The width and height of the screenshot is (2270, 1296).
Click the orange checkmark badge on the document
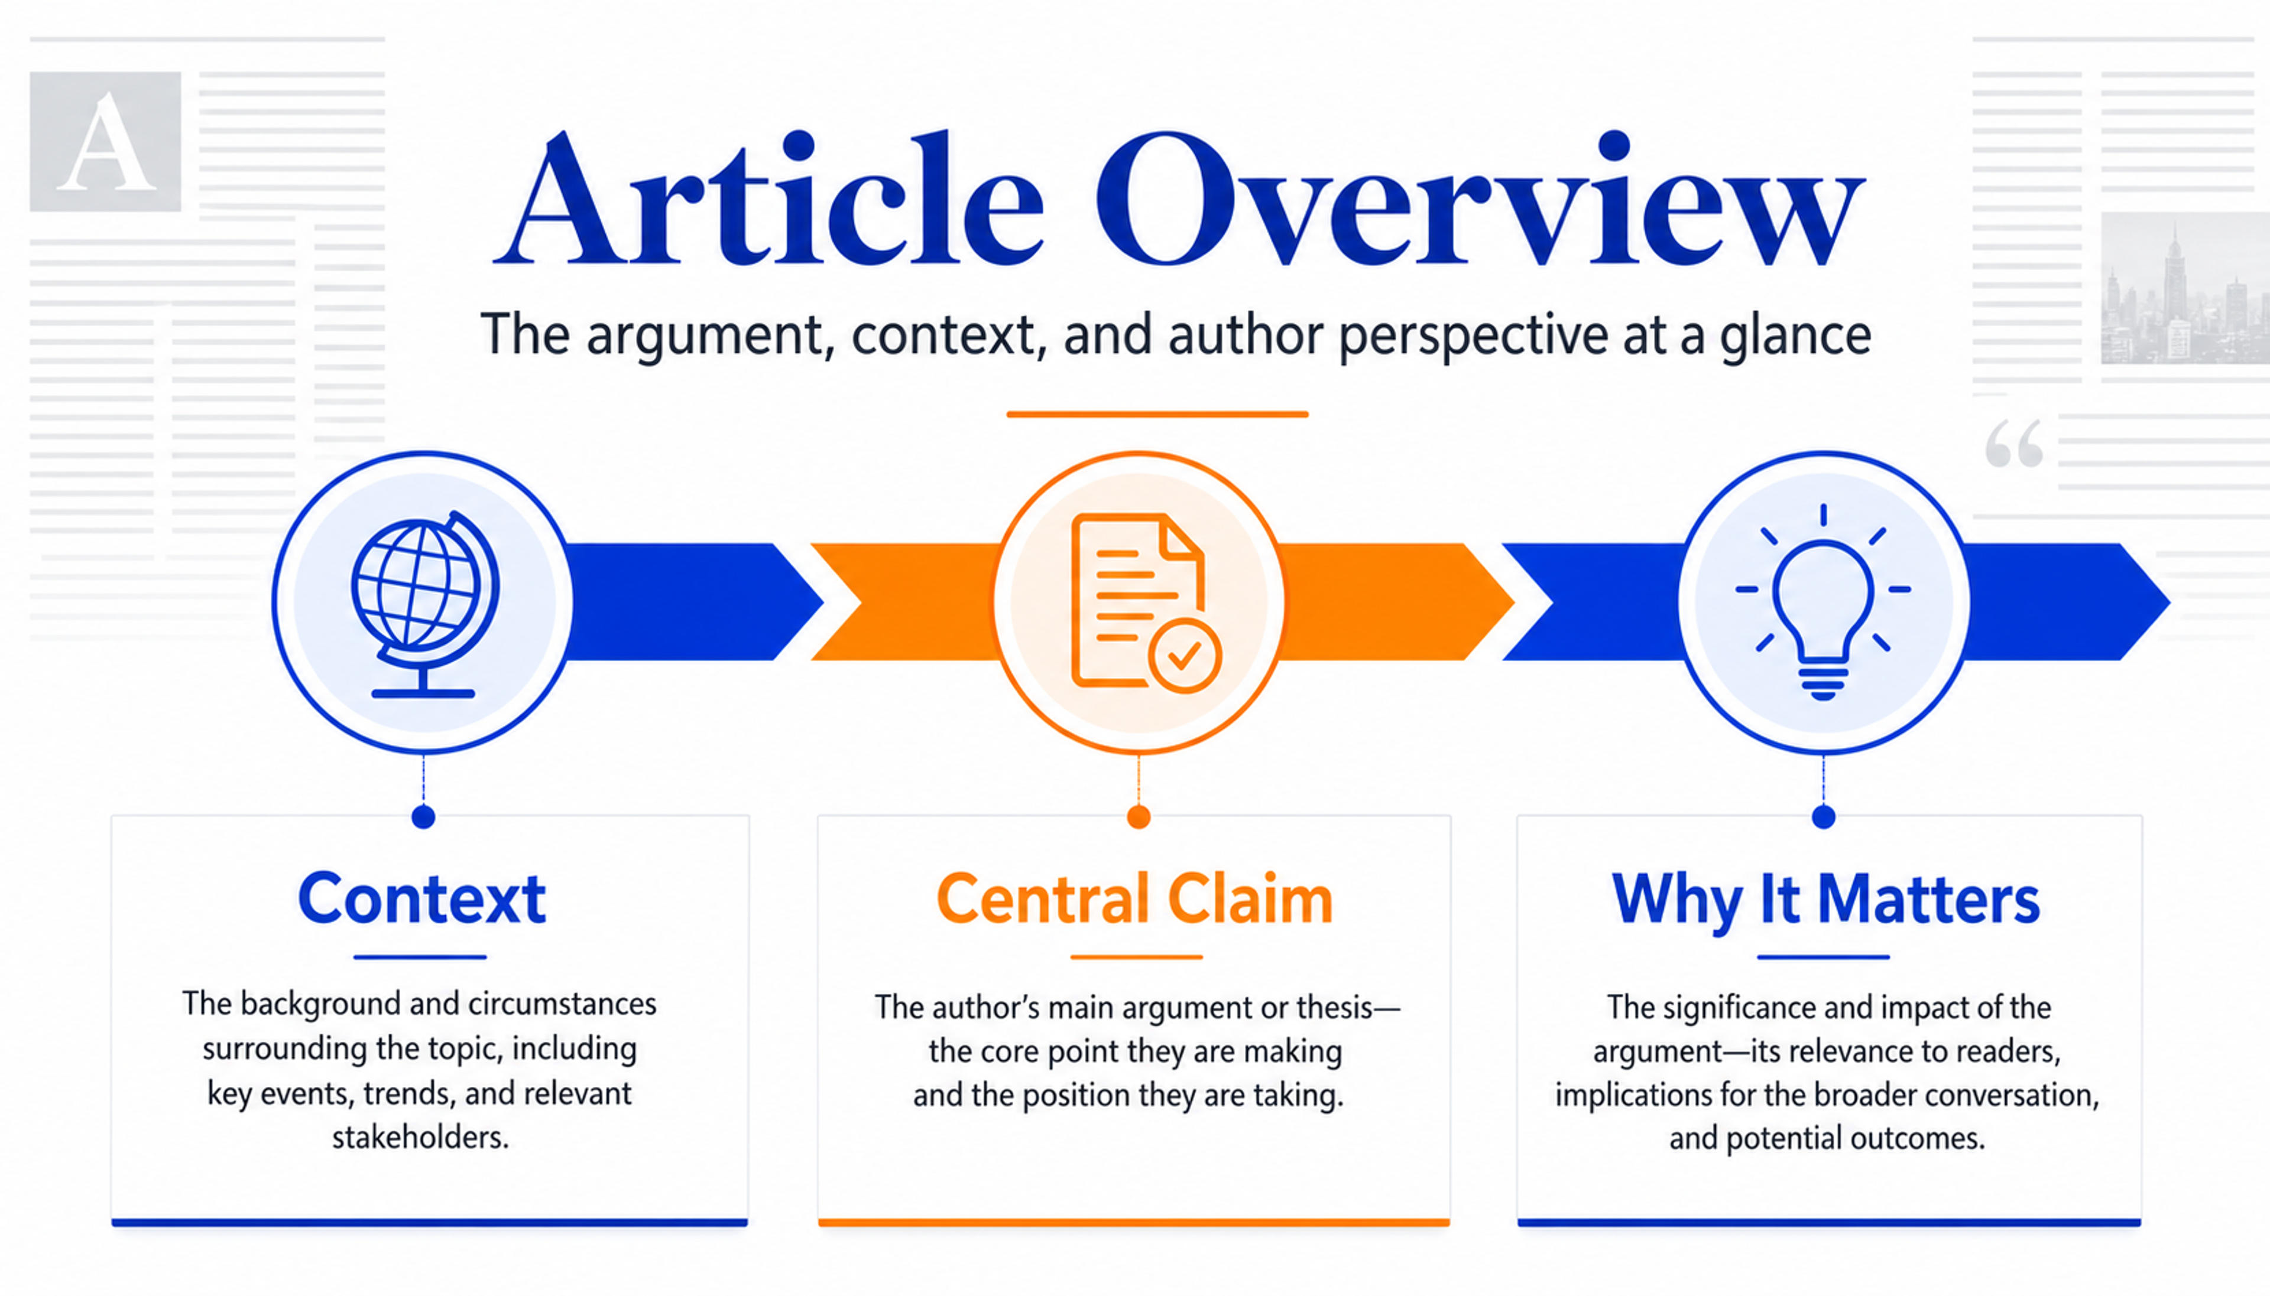click(x=1185, y=656)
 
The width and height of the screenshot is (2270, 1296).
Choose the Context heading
click(x=421, y=899)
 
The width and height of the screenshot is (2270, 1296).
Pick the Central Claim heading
click(x=1134, y=899)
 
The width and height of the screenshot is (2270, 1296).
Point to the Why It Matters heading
click(x=1825, y=901)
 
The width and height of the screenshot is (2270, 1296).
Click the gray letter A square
click(x=105, y=142)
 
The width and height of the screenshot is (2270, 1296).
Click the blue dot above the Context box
click(x=424, y=816)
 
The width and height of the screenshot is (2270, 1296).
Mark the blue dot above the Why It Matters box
click(x=1824, y=816)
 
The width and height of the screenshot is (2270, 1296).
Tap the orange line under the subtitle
click(x=1157, y=414)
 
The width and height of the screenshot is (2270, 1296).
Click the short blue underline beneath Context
click(x=420, y=957)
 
